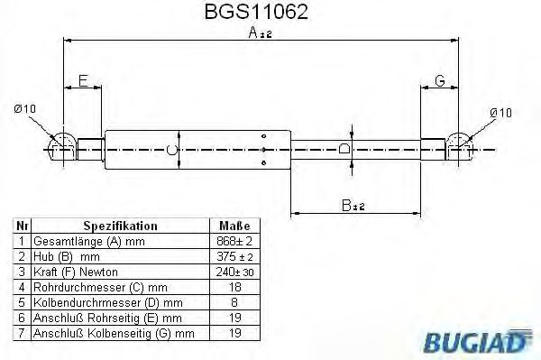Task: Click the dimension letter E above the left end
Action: [x=83, y=81]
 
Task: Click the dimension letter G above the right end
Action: [x=440, y=81]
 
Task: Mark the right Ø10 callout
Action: [x=500, y=111]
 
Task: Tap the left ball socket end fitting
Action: [x=61, y=145]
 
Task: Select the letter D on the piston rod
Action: [x=343, y=148]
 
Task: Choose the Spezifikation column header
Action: [x=120, y=226]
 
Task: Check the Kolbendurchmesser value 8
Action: [x=234, y=303]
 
